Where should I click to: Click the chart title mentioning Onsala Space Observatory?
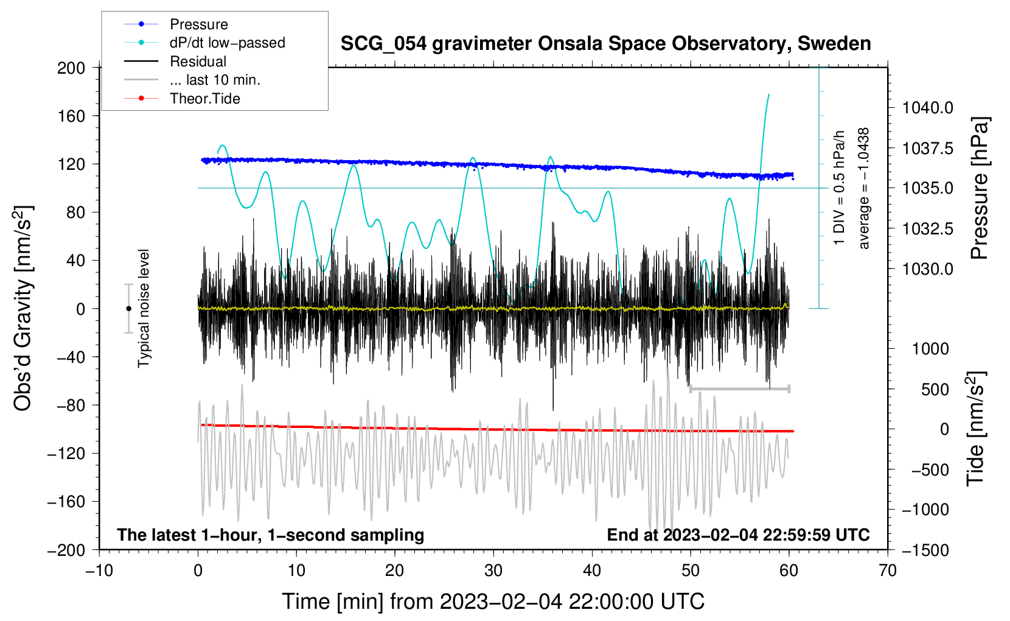tap(605, 44)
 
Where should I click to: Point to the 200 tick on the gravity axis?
tap(71, 68)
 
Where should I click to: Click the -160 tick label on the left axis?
tap(66, 502)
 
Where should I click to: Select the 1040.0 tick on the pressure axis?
tap(927, 108)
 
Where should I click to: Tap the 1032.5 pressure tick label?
tap(927, 229)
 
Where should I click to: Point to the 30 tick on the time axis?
tap(493, 571)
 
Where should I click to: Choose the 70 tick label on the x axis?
tap(887, 571)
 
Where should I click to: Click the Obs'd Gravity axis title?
tap(23, 308)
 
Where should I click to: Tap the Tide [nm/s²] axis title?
tap(976, 429)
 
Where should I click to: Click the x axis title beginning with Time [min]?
tap(493, 602)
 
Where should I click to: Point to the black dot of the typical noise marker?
tap(128, 309)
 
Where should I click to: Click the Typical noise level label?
tap(144, 309)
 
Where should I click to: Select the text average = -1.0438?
tap(863, 188)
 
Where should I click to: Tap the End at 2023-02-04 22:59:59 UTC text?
tap(738, 535)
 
